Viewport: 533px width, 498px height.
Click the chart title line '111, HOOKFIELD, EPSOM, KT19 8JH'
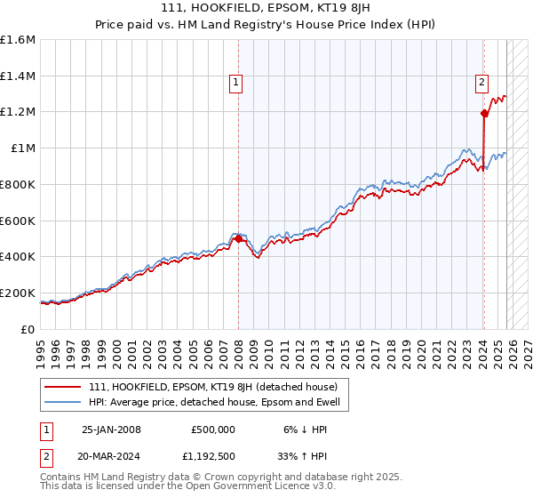pos(266,8)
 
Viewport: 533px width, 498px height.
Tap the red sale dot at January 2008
pos(238,238)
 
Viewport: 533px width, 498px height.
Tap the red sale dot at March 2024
pos(484,113)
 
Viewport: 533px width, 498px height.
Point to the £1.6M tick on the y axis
pos(18,40)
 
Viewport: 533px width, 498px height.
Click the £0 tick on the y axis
pos(29,329)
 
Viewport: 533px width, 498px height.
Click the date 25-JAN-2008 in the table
pos(111,429)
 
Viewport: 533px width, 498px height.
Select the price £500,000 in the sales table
pos(213,429)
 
